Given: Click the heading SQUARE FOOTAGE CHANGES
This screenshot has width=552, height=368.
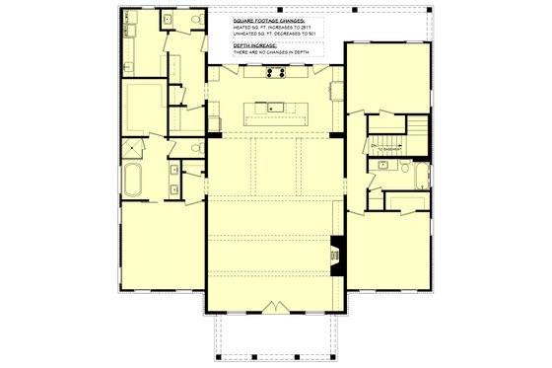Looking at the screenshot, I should point(268,20).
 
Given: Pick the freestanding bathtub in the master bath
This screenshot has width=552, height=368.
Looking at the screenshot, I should point(134,183).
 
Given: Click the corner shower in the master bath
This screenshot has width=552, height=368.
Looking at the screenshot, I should point(131,149).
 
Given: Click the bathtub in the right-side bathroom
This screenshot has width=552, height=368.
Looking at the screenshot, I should point(422,178).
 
